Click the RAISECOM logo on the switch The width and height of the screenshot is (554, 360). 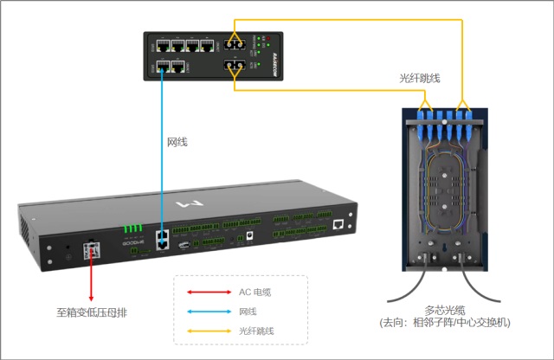288,55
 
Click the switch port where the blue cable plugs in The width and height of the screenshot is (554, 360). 162,66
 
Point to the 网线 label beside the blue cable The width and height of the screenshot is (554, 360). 177,141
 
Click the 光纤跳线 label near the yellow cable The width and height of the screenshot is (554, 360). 420,80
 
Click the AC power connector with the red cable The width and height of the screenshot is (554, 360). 89,251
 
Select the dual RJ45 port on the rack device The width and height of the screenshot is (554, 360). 162,240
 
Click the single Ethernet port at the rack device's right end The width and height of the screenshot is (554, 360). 338,224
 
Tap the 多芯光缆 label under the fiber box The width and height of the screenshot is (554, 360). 446,309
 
